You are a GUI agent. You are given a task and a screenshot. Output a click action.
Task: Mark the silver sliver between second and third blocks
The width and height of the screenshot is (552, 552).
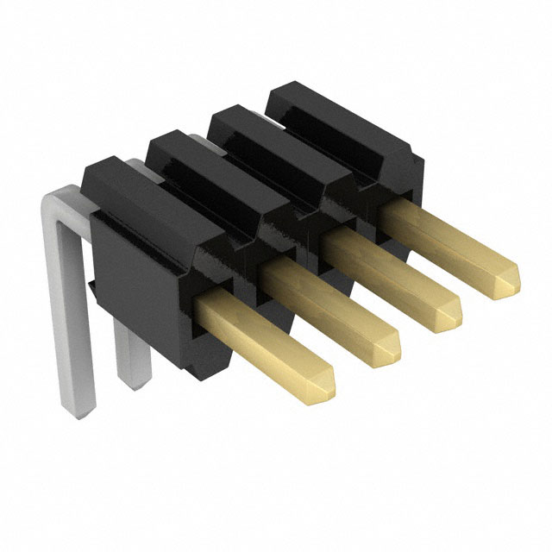pyautogui.click(x=199, y=138)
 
